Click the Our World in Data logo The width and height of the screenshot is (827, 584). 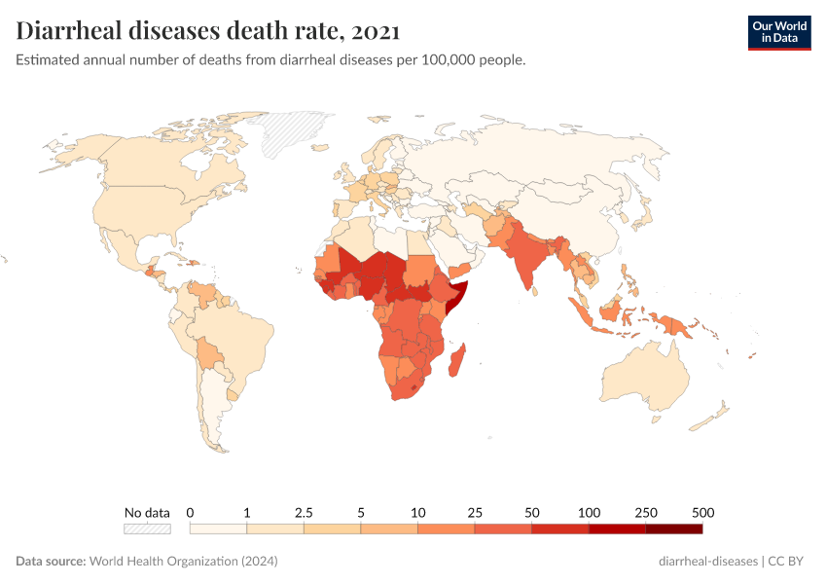[778, 32]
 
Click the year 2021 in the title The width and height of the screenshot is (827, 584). [376, 31]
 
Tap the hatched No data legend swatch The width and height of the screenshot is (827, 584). [147, 529]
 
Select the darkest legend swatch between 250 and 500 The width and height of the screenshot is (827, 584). [673, 529]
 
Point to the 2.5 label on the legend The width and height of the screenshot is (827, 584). [304, 512]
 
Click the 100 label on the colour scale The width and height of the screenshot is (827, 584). [589, 512]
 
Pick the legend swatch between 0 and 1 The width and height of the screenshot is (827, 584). [218, 529]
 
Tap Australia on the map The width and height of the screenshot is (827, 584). [647, 380]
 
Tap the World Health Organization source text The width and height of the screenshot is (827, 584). [183, 562]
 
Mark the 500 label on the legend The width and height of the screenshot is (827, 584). [702, 512]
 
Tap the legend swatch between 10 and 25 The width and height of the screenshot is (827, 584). [446, 529]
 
